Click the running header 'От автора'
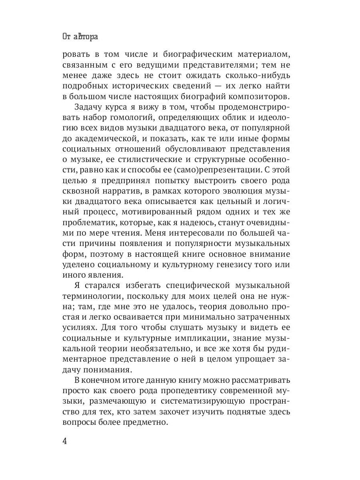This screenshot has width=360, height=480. pos(80,37)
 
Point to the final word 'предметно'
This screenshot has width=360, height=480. pos(148,421)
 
